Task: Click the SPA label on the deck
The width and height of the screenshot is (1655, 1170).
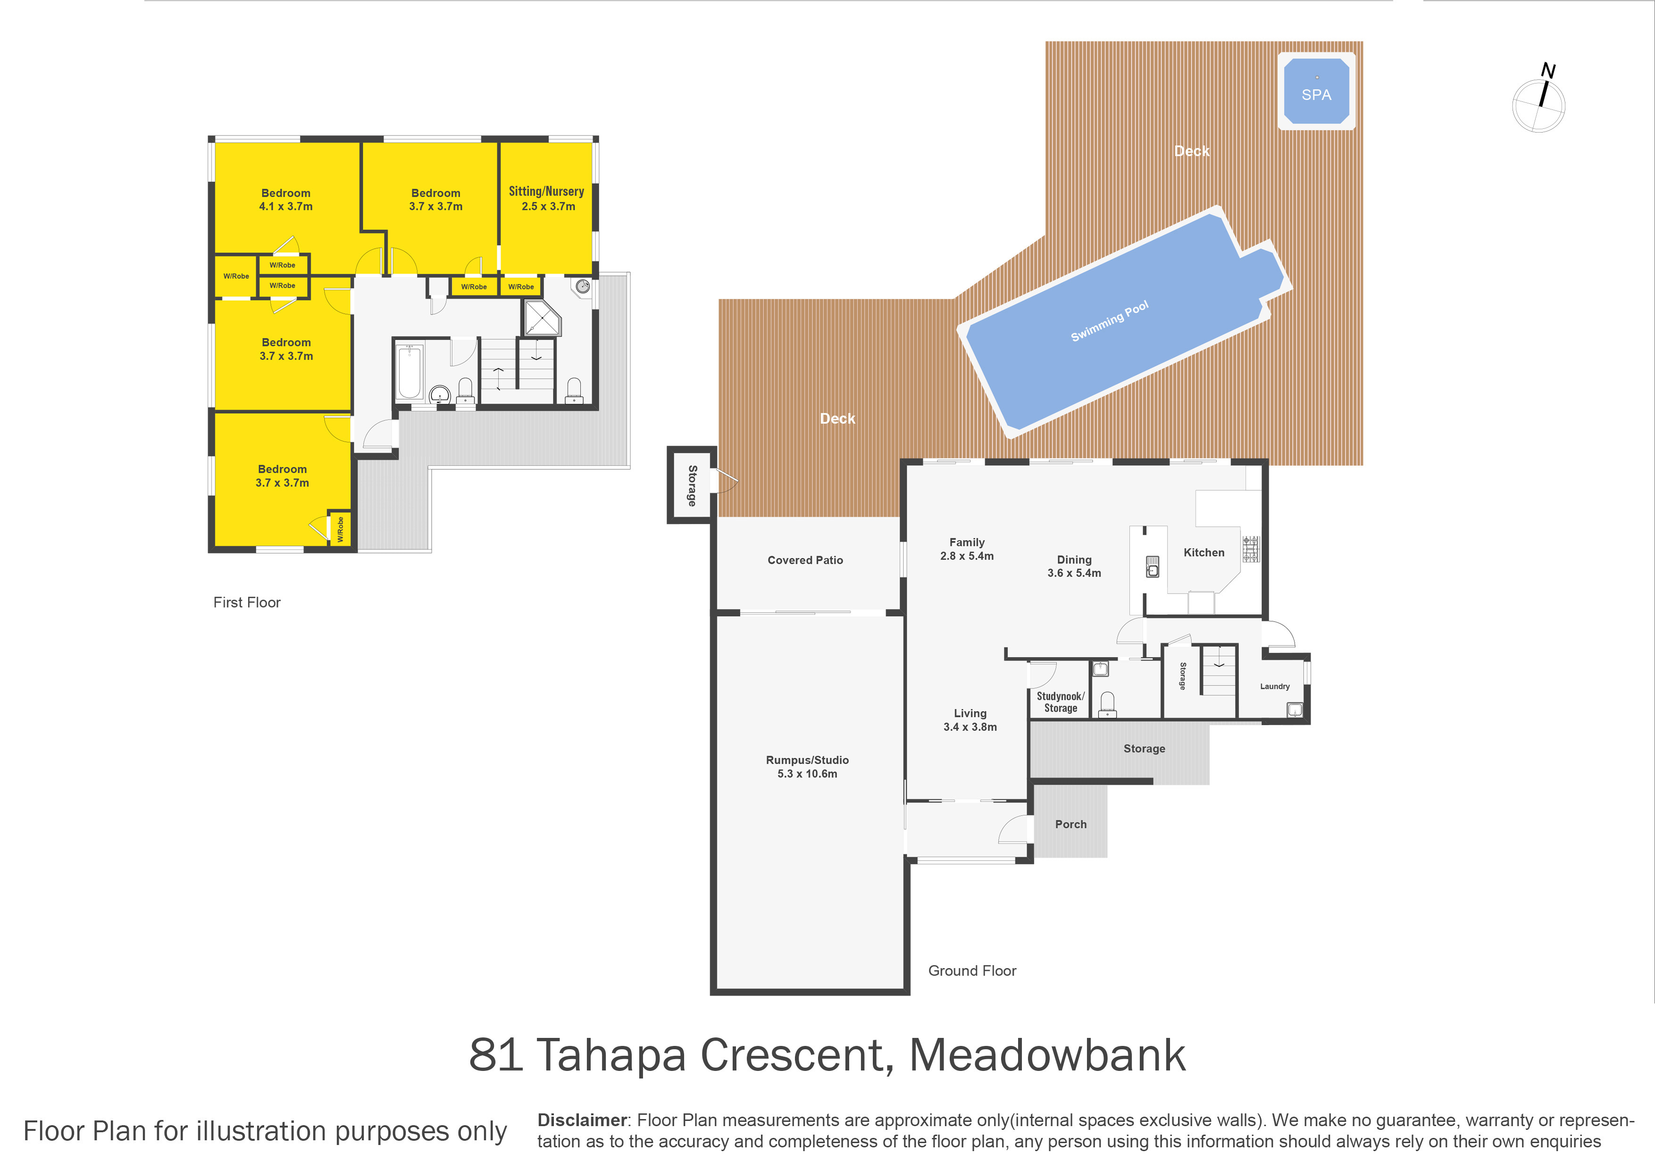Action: point(1316,94)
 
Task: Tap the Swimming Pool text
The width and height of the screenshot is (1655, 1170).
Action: point(1109,321)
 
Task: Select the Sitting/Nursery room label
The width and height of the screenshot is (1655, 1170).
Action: point(546,191)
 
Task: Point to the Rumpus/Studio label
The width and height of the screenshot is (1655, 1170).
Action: point(807,760)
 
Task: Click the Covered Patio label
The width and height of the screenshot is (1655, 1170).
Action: point(805,560)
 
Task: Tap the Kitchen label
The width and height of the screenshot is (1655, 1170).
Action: point(1204,552)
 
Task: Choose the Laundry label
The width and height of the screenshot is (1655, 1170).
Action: point(1274,686)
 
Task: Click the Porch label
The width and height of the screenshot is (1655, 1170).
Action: point(1070,824)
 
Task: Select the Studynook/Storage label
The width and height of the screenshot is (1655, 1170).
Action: point(1061,702)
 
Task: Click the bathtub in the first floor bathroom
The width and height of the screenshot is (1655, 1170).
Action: point(410,371)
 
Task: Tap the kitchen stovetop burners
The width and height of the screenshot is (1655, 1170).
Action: point(1251,549)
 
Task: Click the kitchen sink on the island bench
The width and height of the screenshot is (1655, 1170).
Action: point(1153,567)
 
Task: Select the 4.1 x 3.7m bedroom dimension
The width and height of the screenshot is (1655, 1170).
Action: point(286,206)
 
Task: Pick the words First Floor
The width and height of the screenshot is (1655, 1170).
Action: point(247,602)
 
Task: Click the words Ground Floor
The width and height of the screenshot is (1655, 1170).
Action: point(972,970)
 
